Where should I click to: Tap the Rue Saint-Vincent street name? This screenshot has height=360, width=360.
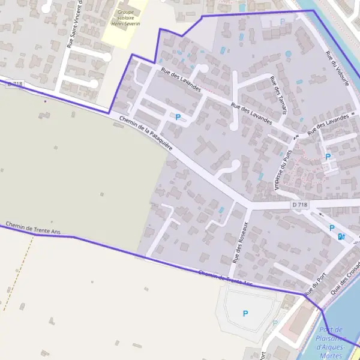click(74, 24)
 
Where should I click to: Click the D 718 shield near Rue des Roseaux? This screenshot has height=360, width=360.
click(300, 205)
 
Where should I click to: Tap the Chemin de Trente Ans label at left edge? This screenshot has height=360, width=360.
click(33, 229)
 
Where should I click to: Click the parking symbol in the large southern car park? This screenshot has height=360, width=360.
click(245, 313)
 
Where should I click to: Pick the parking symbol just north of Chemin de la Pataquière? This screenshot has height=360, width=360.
click(178, 117)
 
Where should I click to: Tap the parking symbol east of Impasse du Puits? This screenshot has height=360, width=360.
click(328, 157)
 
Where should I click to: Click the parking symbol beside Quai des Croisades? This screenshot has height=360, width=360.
click(332, 228)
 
